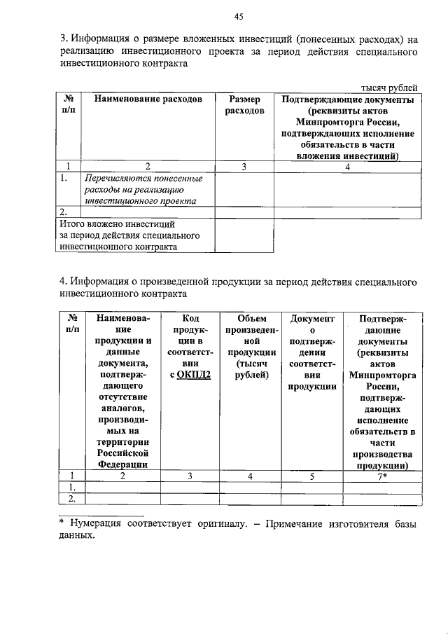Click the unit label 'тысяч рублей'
389,88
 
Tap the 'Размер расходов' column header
244,105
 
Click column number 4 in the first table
347,166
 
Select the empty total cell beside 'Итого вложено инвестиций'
244,235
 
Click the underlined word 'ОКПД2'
190,374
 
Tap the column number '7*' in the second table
383,476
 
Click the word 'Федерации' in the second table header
122,464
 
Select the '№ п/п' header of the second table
71,324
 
